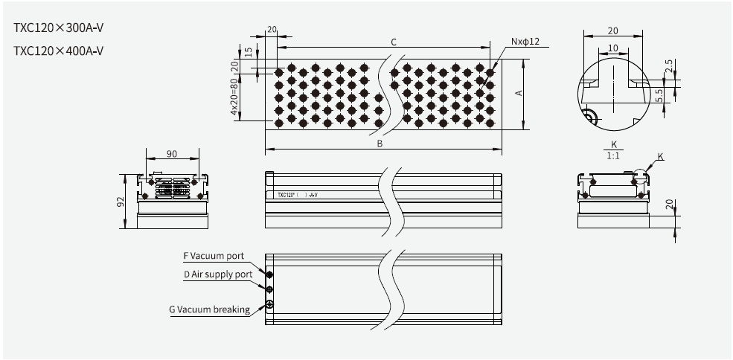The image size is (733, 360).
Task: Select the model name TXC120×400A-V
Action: click(58, 51)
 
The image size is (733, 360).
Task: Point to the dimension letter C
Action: click(394, 42)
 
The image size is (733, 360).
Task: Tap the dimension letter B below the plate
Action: click(380, 144)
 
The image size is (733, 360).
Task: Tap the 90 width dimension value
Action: click(172, 153)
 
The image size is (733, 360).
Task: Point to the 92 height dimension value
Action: click(121, 202)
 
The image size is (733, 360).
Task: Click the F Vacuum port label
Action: click(214, 256)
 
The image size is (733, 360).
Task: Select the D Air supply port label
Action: click(218, 274)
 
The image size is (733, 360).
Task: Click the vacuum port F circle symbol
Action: click(270, 274)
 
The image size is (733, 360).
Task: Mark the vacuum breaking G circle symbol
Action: click(270, 305)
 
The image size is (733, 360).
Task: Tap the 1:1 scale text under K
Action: click(614, 155)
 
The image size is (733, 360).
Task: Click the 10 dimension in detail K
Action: click(612, 48)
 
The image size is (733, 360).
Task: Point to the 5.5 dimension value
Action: click(669, 95)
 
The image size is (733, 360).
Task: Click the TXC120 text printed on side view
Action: click(286, 196)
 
